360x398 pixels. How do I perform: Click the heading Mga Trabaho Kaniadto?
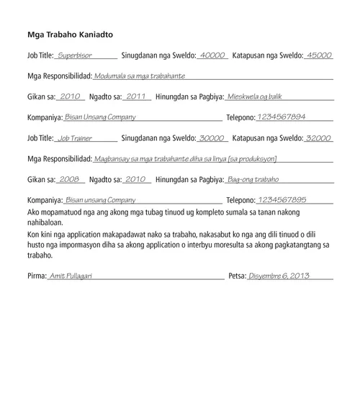(69, 34)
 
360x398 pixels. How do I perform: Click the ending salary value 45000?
(319, 55)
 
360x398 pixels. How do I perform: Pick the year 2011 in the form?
(135, 96)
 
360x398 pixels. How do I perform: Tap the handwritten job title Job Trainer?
(75, 137)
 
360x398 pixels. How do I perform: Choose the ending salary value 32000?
(319, 137)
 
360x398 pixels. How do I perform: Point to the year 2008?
(69, 179)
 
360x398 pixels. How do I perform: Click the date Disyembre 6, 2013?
(278, 276)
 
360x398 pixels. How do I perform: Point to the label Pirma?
(36, 276)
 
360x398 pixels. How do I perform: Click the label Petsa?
(236, 276)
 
